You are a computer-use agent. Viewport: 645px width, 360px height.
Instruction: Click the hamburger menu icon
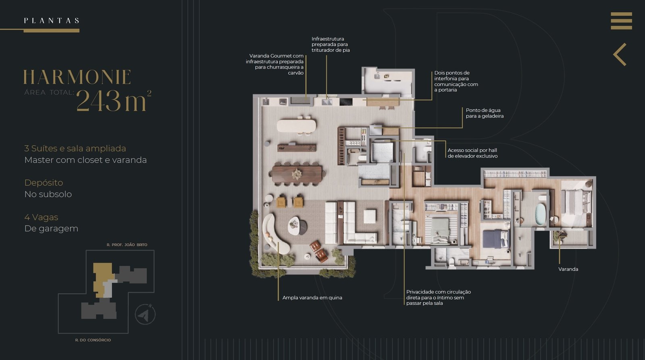621,21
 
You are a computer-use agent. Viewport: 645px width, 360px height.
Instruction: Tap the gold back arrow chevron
619,54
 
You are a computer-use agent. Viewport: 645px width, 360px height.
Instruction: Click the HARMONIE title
77,77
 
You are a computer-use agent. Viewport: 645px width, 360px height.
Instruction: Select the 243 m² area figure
114,100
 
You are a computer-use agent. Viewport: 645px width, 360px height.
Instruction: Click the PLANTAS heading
52,21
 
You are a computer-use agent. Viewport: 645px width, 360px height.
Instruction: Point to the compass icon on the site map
145,314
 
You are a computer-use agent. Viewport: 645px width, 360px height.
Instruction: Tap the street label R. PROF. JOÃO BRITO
127,245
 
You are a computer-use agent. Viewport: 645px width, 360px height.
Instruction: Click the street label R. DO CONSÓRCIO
93,340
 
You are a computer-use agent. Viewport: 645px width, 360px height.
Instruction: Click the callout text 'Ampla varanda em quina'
312,298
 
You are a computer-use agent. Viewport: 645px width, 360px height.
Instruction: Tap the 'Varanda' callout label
568,269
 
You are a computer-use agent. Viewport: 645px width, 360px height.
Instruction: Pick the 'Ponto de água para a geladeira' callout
485,113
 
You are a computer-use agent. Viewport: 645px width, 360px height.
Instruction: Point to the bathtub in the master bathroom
540,214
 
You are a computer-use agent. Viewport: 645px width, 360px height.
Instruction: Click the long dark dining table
297,174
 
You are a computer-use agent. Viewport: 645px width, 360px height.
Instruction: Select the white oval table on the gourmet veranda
296,126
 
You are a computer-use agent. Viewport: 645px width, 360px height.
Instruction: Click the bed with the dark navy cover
494,239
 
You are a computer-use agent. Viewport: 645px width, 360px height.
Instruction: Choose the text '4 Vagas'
41,217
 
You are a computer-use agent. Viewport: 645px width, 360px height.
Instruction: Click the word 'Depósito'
44,183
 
